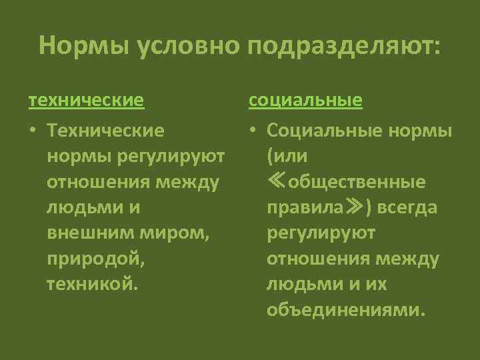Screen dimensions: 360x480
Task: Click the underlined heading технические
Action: (x=86, y=101)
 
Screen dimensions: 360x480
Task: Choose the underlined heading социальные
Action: (x=306, y=101)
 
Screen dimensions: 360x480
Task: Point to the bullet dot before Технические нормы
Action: (x=32, y=130)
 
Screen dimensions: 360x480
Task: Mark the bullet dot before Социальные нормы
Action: (x=254, y=130)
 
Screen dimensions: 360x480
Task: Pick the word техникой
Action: (x=93, y=284)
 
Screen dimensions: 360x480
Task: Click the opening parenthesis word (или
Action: (x=285, y=157)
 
